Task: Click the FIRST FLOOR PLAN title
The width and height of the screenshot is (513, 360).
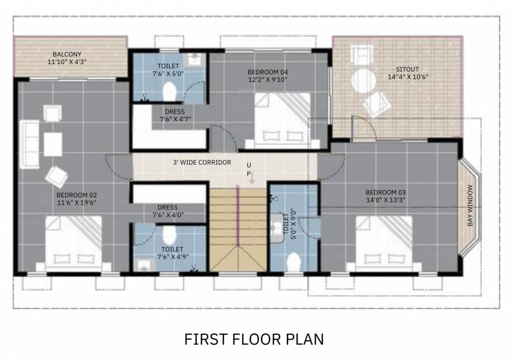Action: tap(253, 339)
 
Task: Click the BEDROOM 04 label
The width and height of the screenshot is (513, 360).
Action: tap(268, 72)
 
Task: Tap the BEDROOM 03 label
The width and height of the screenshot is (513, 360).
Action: tap(386, 192)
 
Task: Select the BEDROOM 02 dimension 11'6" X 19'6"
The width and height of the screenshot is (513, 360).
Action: tap(76, 202)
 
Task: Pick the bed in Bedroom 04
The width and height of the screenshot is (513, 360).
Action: tap(283, 118)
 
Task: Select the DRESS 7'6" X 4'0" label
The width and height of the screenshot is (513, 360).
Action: tap(167, 211)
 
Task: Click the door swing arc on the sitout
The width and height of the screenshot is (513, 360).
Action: tap(366, 126)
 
